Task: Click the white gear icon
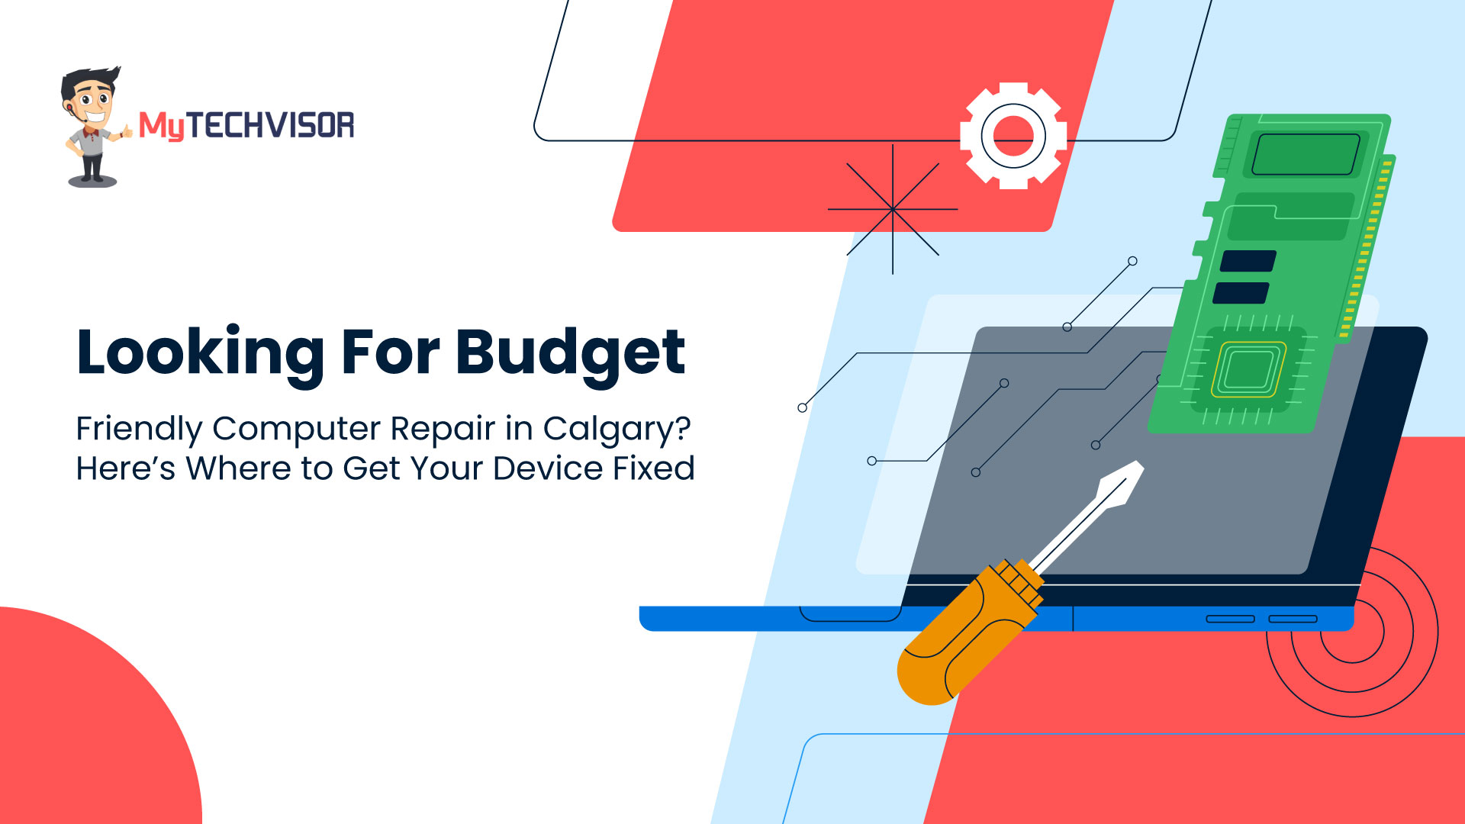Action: (x=1013, y=136)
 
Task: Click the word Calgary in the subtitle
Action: (x=609, y=430)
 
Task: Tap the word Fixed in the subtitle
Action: (x=654, y=468)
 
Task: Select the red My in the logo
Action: (x=162, y=126)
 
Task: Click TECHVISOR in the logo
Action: (x=270, y=125)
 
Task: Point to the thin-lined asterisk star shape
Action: (x=893, y=209)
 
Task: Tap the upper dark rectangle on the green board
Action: (x=1248, y=261)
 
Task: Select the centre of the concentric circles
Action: (x=1352, y=632)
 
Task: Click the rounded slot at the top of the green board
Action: (x=1306, y=154)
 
